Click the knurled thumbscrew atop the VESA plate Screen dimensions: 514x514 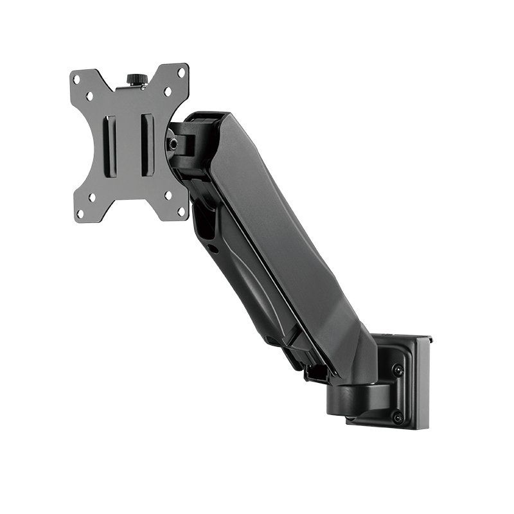(x=136, y=80)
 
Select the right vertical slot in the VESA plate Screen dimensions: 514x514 (x=148, y=145)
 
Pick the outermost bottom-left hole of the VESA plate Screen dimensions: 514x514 (x=80, y=213)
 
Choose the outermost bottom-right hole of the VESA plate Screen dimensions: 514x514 (x=181, y=210)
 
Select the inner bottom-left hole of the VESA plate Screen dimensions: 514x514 (x=92, y=198)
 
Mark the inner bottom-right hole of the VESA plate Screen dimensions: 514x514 (x=168, y=195)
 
